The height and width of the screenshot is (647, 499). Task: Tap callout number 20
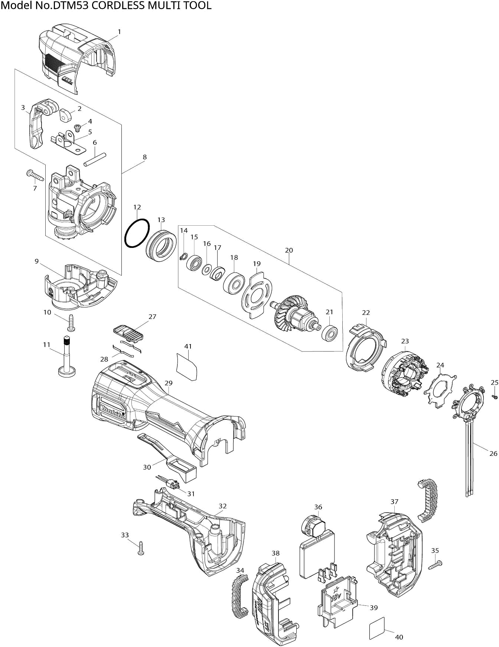point(289,250)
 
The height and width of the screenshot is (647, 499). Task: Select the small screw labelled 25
point(494,397)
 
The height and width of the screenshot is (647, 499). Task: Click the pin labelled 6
point(95,159)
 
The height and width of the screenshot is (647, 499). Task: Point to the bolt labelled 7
point(35,175)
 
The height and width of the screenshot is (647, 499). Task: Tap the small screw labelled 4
point(78,128)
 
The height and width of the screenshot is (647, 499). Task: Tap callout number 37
point(394,502)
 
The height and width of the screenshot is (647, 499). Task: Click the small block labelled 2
point(65,115)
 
